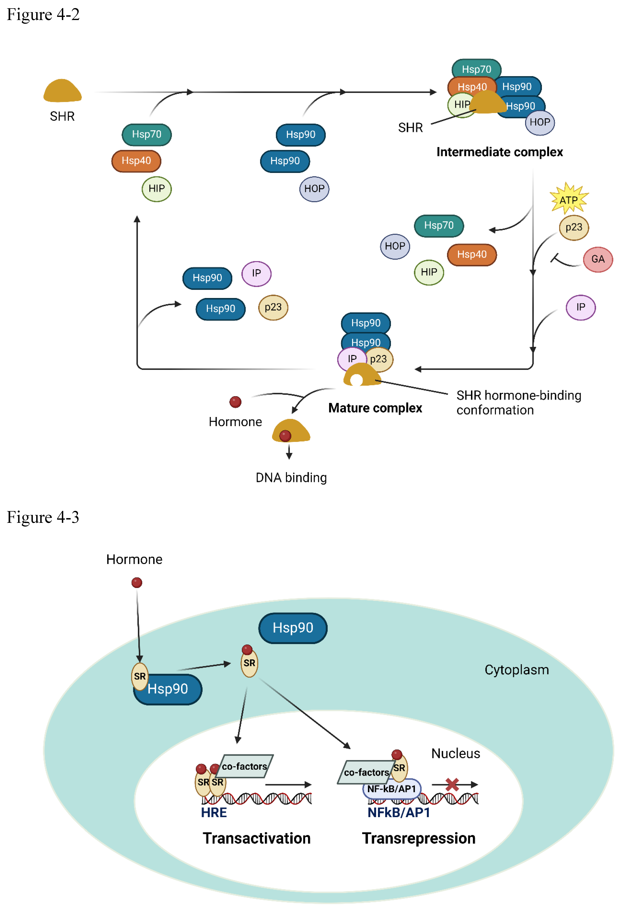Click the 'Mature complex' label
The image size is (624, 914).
click(375, 408)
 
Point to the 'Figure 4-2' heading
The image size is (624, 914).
click(43, 15)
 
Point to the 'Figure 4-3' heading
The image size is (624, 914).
click(43, 517)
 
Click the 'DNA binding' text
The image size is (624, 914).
click(291, 477)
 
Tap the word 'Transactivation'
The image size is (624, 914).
click(256, 838)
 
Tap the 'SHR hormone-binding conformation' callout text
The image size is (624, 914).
click(518, 402)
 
